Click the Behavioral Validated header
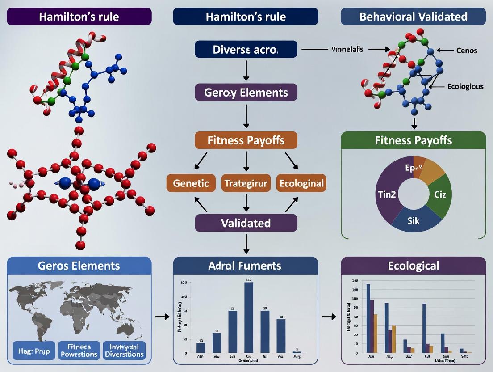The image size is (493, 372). pos(413,17)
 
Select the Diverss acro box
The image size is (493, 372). pos(246,49)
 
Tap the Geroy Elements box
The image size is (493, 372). pos(246,93)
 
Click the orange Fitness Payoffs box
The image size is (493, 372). pos(246,140)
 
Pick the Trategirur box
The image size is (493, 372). pos(246,183)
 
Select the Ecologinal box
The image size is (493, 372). pos(301,183)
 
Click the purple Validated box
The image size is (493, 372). pos(246,223)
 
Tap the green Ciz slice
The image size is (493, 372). pos(437,195)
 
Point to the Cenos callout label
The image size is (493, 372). pos(467,51)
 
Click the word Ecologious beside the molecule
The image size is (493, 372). pos(465,86)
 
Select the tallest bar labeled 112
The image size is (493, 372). pos(249,317)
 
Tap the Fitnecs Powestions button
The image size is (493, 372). pos(79,351)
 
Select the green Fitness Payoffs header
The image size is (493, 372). pos(413,140)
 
